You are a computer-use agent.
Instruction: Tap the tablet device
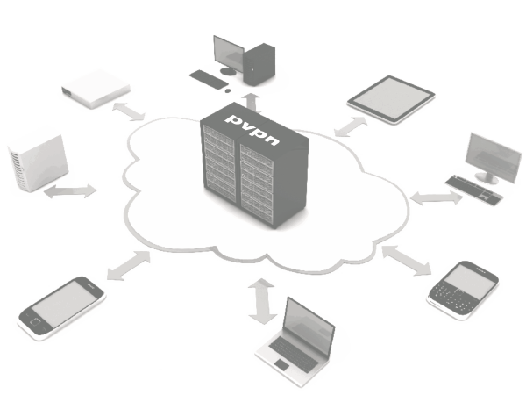(391, 97)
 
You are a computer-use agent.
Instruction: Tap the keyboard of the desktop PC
(208, 79)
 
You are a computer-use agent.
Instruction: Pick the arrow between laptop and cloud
(260, 300)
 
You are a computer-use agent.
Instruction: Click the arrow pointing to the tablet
(350, 126)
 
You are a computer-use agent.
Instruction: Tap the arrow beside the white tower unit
(71, 191)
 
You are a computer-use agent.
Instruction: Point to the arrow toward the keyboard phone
(406, 259)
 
